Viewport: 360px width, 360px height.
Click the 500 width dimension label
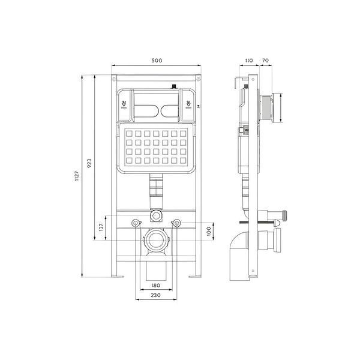[x=157, y=61]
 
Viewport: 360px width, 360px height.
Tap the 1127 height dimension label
[x=77, y=176]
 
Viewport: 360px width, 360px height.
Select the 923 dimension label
[x=89, y=163]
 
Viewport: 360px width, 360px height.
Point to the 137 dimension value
[x=101, y=227]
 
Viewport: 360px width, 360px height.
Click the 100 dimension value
[x=208, y=231]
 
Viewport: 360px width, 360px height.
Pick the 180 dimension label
[x=155, y=286]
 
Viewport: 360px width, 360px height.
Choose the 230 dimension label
[x=155, y=295]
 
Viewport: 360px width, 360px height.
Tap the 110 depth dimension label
[x=249, y=61]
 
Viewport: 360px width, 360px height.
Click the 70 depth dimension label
[x=265, y=61]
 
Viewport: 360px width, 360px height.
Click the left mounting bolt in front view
[x=136, y=223]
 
